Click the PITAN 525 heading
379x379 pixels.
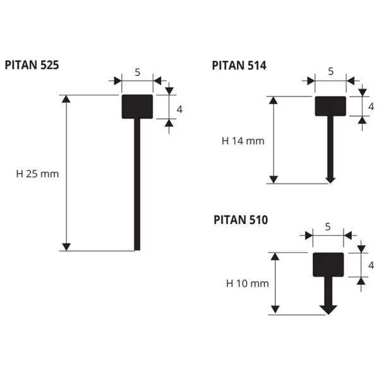click(x=32, y=65)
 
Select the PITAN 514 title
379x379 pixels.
click(x=239, y=66)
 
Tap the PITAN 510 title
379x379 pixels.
click(x=241, y=220)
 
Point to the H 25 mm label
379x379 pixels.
click(x=37, y=174)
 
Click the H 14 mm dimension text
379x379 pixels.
click(x=243, y=141)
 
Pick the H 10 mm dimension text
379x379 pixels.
click(x=247, y=283)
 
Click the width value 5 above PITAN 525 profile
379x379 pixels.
click(x=137, y=72)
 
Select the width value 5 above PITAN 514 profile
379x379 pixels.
click(x=330, y=71)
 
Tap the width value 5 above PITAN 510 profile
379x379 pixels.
click(x=328, y=227)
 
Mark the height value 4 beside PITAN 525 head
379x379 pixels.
click(x=179, y=109)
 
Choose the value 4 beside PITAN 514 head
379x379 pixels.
click(x=371, y=107)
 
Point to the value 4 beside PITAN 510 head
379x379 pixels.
click(x=371, y=265)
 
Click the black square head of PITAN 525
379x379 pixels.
click(x=137, y=107)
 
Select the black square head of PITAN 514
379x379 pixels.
click(x=330, y=106)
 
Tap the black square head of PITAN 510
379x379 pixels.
click(x=328, y=265)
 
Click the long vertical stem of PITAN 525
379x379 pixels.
click(x=137, y=184)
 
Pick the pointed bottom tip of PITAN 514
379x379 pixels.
click(x=330, y=183)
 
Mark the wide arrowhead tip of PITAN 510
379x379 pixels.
click(x=328, y=315)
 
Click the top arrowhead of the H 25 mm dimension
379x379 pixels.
click(x=66, y=99)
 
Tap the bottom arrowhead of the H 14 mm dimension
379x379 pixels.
click(x=274, y=179)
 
